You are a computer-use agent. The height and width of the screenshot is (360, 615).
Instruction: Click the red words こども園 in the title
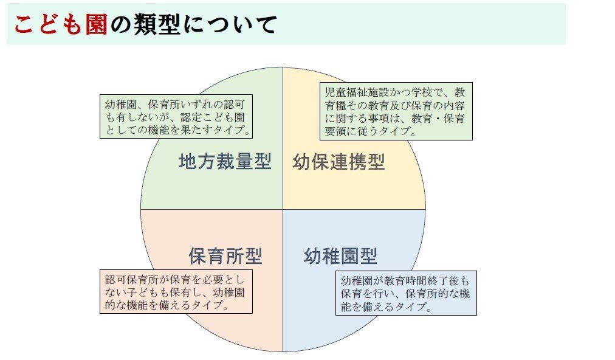point(60,24)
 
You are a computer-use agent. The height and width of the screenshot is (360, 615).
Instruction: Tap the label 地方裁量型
point(225,162)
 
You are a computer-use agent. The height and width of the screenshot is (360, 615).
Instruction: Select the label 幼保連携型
point(338,162)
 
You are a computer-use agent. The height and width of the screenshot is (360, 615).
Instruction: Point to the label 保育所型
point(225,256)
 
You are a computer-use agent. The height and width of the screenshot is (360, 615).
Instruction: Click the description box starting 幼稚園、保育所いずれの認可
point(176,116)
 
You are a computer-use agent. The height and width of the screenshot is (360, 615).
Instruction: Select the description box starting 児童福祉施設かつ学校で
point(396,111)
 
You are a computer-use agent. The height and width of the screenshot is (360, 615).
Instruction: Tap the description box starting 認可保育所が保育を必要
point(176,291)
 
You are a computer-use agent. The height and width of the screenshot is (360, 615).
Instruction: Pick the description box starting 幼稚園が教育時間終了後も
point(405,292)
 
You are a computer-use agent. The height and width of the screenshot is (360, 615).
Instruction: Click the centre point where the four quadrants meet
point(283,210)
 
